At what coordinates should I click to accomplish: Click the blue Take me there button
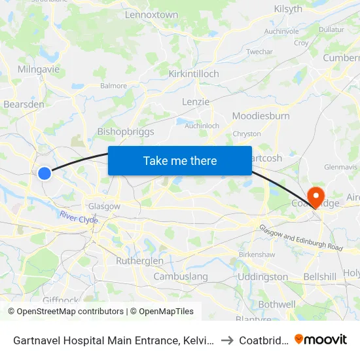click(180, 160)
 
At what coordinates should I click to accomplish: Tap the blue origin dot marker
click(44, 173)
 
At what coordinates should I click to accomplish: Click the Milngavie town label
click(37, 70)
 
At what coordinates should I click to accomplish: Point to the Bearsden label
click(24, 104)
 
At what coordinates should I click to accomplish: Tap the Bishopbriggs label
click(126, 132)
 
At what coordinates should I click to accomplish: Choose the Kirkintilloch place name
click(194, 74)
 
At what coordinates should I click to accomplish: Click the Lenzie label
click(196, 101)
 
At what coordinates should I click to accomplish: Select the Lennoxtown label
click(151, 14)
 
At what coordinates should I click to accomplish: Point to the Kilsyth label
click(288, 9)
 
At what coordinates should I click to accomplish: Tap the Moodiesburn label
click(261, 116)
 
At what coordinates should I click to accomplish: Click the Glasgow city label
click(105, 206)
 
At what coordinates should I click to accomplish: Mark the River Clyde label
click(79, 217)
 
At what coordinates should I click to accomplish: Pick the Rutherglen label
click(139, 261)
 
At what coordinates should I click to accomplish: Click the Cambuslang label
click(181, 276)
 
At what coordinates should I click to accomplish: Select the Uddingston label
click(262, 277)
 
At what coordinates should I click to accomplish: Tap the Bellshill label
click(321, 277)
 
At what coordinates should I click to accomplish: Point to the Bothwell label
click(277, 304)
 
